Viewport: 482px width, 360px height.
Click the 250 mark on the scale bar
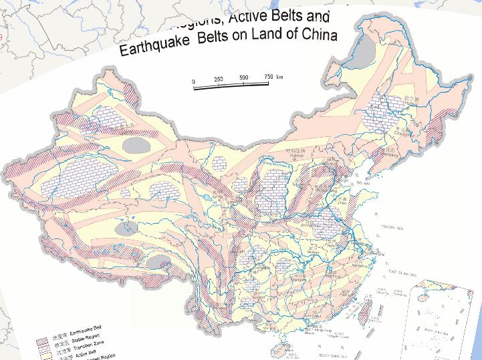(x=218, y=79)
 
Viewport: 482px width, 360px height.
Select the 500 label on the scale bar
(x=243, y=78)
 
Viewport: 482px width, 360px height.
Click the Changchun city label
(x=400, y=132)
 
